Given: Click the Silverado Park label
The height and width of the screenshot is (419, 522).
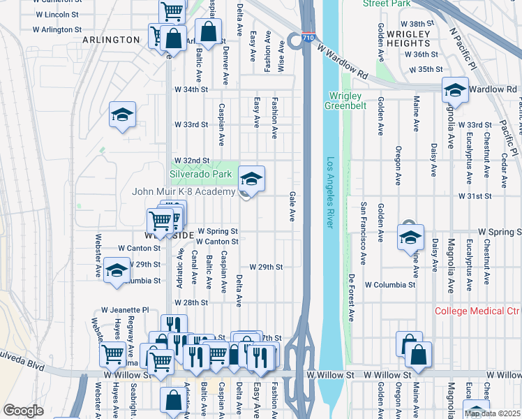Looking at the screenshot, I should (200, 173).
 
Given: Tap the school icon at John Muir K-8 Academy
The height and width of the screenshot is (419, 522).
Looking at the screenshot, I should (251, 179).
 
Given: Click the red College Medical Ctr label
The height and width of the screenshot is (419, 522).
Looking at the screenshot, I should (477, 311).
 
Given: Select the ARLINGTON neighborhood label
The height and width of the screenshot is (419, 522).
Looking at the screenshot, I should (111, 40).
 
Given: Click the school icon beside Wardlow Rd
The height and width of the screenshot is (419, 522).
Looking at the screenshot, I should (454, 90).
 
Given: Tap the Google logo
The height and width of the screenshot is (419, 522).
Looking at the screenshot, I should (23, 411).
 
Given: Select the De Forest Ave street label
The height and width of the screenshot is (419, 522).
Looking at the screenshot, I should (351, 297).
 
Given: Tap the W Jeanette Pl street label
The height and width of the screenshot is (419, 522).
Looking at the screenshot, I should (125, 309).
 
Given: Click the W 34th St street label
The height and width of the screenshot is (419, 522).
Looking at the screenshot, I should (191, 89).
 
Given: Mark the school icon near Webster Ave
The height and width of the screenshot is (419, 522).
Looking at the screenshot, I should (117, 270).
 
